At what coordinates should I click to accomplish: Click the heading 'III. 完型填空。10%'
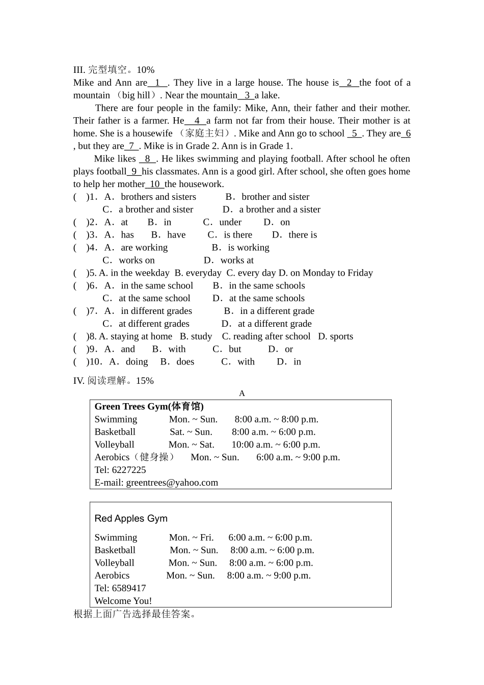coord(114,70)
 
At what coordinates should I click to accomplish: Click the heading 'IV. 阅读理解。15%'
coord(113,381)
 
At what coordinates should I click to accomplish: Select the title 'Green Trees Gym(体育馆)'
coord(149,406)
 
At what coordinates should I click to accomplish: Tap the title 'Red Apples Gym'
coord(131,518)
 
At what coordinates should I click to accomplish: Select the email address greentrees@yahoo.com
coord(172,483)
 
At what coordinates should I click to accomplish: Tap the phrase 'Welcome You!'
coord(123,601)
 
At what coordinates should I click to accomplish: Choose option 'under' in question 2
coord(230,222)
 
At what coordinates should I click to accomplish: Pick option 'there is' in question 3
coord(303,235)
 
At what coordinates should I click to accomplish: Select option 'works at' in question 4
coord(237,260)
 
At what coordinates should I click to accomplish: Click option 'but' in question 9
coord(235,349)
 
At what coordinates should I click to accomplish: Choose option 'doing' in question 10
coord(137,362)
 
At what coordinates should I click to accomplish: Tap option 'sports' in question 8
coord(341,336)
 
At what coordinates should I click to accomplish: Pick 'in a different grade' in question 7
coord(277,311)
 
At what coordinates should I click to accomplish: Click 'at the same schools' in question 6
coord(266,298)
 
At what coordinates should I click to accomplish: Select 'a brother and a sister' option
coord(280,209)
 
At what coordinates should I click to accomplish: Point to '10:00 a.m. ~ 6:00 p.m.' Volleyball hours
coord(276,444)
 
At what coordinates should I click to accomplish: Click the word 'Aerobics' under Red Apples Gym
coord(112,575)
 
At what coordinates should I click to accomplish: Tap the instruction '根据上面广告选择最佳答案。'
coord(135,614)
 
